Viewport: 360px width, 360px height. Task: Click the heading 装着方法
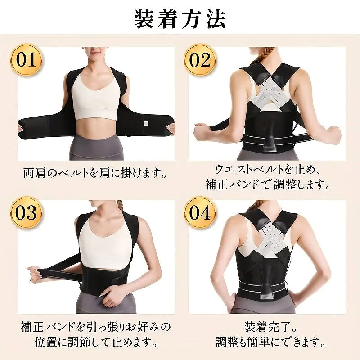click(180, 19)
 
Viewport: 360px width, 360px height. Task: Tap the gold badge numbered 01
click(26, 60)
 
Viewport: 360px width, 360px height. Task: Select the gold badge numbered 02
click(200, 60)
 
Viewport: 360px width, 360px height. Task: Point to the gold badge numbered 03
click(26, 212)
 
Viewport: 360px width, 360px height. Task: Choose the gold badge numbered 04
click(200, 212)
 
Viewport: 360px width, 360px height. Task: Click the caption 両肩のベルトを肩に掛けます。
click(95, 173)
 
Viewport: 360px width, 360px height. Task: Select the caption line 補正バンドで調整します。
click(268, 184)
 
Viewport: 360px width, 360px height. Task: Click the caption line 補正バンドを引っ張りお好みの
click(96, 327)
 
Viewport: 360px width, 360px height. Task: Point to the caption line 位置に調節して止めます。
click(96, 342)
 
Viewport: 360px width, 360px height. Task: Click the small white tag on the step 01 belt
click(145, 123)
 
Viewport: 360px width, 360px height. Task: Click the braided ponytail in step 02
click(262, 56)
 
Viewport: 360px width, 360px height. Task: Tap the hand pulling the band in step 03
click(35, 274)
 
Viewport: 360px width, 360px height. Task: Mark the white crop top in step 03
click(106, 244)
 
